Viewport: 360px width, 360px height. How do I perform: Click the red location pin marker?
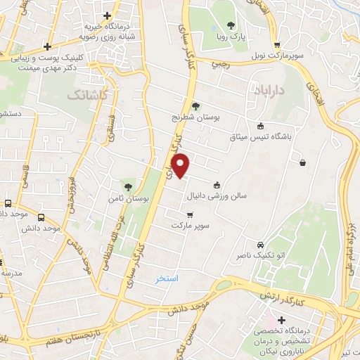(x=181, y=165)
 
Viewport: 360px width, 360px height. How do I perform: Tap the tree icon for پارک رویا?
(x=231, y=25)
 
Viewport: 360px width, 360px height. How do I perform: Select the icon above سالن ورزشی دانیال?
(x=226, y=185)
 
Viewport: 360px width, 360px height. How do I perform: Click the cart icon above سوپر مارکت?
(x=189, y=214)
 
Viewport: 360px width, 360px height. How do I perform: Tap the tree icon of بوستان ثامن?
(x=128, y=186)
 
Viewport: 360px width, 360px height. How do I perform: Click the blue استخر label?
(x=167, y=279)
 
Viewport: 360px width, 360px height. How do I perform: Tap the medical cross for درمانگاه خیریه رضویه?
(x=107, y=15)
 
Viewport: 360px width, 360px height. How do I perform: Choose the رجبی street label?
(x=220, y=64)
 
